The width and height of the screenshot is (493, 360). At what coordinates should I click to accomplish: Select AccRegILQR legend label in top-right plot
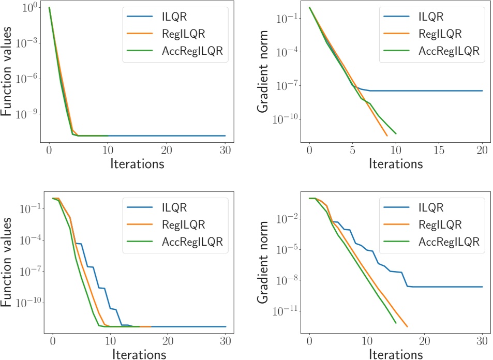click(449, 51)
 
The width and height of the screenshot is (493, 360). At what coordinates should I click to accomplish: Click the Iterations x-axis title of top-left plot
click(137, 164)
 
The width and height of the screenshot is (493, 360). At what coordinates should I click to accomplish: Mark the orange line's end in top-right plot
click(387, 136)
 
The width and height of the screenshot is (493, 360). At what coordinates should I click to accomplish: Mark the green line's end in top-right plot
click(396, 134)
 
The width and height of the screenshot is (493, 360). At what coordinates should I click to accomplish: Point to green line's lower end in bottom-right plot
click(396, 323)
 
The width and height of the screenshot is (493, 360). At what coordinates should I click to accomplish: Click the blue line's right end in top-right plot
click(482, 91)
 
